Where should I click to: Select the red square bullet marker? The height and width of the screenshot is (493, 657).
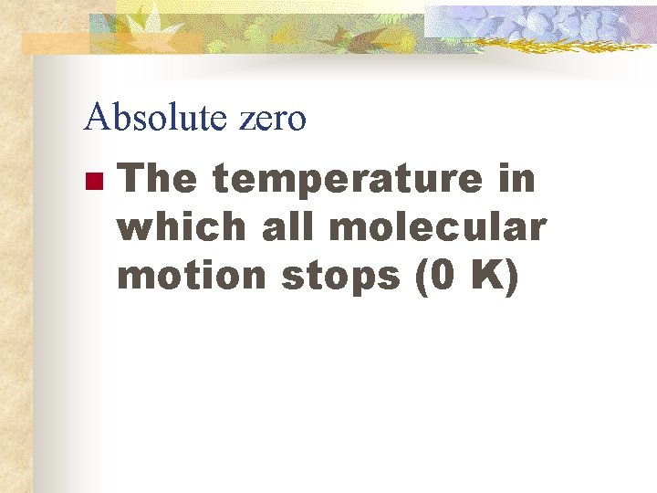(90, 184)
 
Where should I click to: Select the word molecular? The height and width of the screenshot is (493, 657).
(438, 226)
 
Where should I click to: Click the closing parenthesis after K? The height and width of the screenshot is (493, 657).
(510, 274)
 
